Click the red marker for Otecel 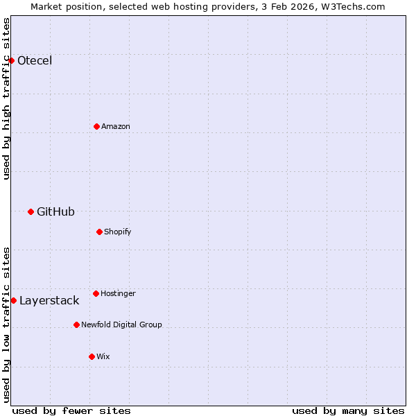(x=11, y=60)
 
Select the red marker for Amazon (x=96, y=126)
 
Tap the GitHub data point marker (x=31, y=211)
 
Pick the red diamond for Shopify (x=99, y=232)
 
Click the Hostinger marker (x=96, y=293)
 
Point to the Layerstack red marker (x=13, y=300)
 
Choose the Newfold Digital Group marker (x=76, y=324)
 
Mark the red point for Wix (x=92, y=356)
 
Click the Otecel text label (x=35, y=60)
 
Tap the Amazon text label (x=116, y=126)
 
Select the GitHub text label (x=55, y=211)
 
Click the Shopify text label (x=118, y=232)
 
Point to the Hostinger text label (x=118, y=293)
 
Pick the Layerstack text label (x=49, y=300)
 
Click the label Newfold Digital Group (x=121, y=324)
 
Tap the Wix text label (x=103, y=356)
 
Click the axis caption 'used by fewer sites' (x=71, y=410)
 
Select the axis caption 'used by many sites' (x=348, y=410)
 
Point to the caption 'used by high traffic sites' (x=6, y=98)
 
